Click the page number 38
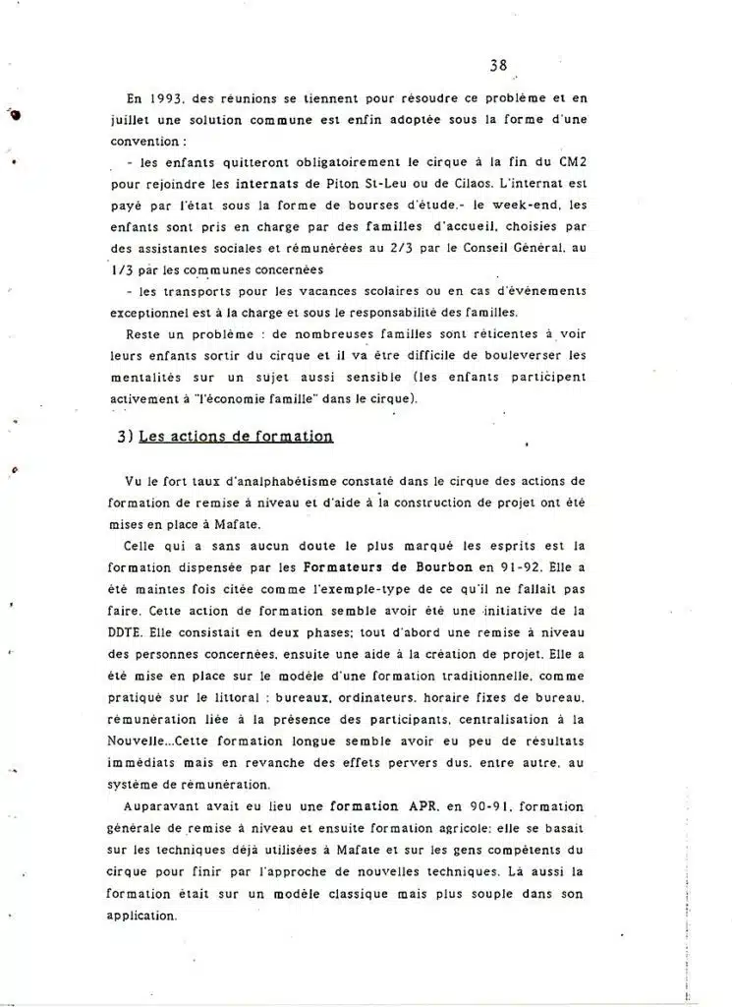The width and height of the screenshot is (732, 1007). point(497,67)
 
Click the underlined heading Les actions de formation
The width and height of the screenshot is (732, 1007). point(236,437)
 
